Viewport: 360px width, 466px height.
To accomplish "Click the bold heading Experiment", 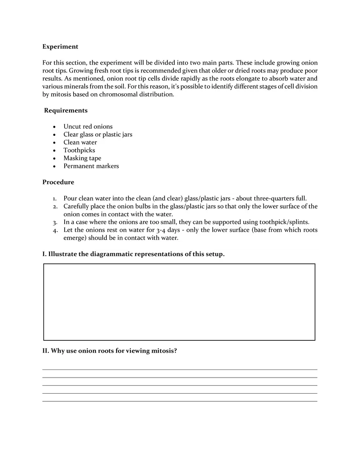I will [x=60, y=47].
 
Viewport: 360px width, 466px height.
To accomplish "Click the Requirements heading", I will [x=65, y=110].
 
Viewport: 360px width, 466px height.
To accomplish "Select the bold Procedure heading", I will [x=58, y=182].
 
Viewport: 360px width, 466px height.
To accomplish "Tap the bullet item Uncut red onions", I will [x=88, y=126].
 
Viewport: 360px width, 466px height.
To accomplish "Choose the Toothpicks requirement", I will [x=79, y=150].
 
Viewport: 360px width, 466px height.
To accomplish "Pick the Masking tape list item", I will [x=82, y=158].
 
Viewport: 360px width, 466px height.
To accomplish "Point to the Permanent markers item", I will [x=91, y=166].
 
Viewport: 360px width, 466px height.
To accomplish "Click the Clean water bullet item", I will [x=80, y=142].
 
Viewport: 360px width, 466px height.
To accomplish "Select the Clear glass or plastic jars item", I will [x=97, y=135].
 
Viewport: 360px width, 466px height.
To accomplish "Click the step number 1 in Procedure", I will [x=55, y=198].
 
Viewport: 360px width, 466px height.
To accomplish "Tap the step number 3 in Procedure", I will [x=55, y=222].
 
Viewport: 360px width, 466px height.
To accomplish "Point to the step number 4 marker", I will [x=55, y=230].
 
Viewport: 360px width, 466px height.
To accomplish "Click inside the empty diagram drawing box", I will [x=179, y=302].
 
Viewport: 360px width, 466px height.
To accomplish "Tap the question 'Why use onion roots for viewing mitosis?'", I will [x=110, y=351].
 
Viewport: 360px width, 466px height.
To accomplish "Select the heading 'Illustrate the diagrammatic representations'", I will [x=133, y=254].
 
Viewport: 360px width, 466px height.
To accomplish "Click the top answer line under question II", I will [x=180, y=369].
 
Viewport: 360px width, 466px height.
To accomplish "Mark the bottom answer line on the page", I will [x=180, y=401].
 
